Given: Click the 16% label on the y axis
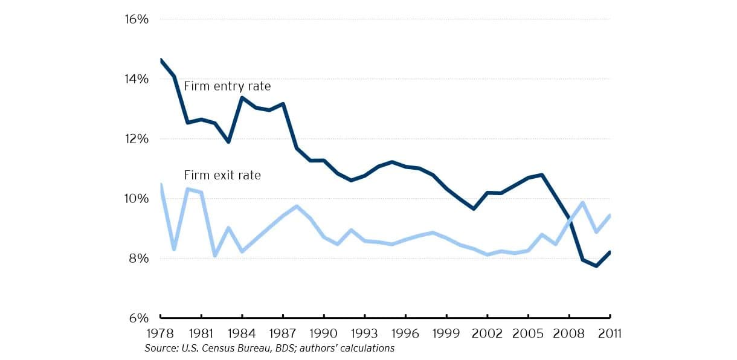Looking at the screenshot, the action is (x=137, y=19).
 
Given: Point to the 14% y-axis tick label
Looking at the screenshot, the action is (x=137, y=79).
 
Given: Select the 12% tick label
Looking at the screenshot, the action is (x=137, y=139).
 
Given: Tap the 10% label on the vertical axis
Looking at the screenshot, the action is (x=137, y=199).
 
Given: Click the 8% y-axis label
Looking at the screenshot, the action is (x=138, y=259).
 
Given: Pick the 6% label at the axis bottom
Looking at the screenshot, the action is (x=138, y=318).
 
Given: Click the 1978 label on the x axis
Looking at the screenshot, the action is (x=160, y=333).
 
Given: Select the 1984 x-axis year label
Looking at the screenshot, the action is (x=242, y=333).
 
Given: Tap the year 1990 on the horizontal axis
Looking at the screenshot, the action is (x=323, y=333).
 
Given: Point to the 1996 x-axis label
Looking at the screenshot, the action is (x=405, y=333).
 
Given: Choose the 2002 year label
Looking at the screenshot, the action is (x=488, y=333).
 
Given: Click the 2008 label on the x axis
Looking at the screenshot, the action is (x=569, y=333).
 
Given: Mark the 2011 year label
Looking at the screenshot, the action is (x=610, y=333).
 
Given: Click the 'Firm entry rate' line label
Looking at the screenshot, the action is (x=227, y=86).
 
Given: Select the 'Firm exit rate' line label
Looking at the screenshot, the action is (x=222, y=175).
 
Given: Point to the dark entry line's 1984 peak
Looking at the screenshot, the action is (x=242, y=98).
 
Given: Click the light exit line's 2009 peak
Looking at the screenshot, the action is (x=583, y=202).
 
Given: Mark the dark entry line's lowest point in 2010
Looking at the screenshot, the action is (x=596, y=266).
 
